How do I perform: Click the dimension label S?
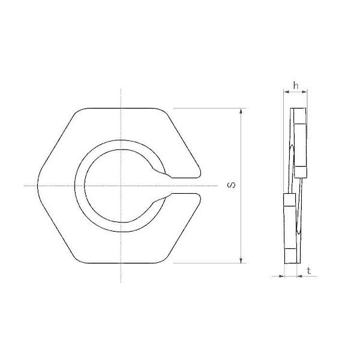tap(232, 185)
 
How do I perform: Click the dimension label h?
tap(296, 86)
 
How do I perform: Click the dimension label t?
tap(309, 271)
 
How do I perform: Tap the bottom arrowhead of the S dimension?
tap(241, 260)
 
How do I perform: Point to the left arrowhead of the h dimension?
tap(286, 92)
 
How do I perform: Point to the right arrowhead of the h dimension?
tap(304, 92)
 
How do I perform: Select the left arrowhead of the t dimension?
tap(281, 276)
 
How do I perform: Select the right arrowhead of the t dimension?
tap(299, 276)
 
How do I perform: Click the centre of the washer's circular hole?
tap(121, 185)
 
